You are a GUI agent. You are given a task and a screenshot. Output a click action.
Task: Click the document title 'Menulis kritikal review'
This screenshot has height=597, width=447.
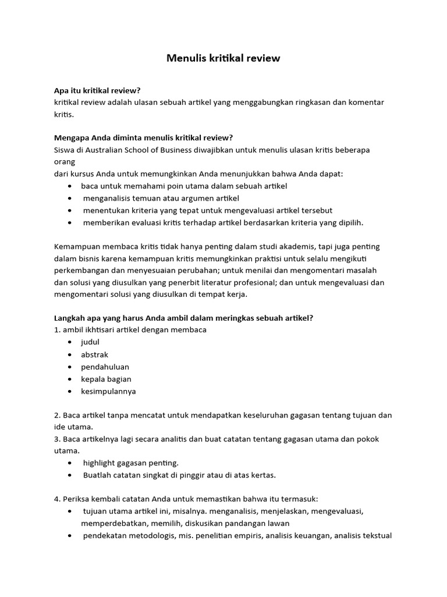[223, 58]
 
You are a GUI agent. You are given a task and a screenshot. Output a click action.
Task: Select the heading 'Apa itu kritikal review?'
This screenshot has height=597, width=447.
[97, 90]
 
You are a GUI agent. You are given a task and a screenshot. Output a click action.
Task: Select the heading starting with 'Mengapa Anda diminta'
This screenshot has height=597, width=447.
[143, 138]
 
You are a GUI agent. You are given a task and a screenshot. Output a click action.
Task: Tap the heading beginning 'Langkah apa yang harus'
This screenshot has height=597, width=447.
[183, 318]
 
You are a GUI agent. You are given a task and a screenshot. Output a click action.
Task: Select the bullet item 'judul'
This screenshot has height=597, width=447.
[90, 342]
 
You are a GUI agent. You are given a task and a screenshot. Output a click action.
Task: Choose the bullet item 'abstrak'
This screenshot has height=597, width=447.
[94, 354]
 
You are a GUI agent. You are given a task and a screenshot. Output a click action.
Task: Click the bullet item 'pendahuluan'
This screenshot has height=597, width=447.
[105, 367]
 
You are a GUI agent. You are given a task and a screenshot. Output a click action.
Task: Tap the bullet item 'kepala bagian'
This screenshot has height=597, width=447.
[106, 379]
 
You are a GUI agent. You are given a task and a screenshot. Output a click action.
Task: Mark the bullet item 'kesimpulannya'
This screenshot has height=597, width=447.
[108, 391]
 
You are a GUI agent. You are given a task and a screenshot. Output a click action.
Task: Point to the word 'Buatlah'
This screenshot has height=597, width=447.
[97, 475]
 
